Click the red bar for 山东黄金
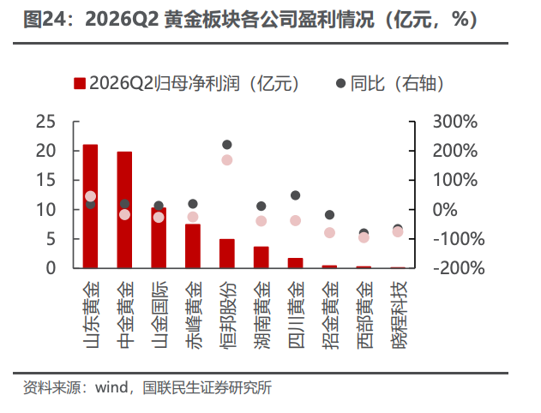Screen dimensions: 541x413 90,206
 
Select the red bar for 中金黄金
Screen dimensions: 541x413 124,210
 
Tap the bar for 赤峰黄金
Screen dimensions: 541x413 193,246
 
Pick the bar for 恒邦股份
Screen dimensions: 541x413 227,254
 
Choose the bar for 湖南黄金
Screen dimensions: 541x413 261,257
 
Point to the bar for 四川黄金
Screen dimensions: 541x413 295,263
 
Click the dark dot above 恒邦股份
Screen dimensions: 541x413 227,145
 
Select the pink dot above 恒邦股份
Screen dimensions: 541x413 227,160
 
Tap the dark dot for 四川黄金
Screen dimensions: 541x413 295,195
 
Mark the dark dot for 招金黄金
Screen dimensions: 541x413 329,215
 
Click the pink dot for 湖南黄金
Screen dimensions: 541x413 261,221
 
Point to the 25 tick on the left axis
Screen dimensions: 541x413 45,122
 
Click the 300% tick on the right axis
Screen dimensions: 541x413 455,122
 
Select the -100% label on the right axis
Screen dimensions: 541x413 459,239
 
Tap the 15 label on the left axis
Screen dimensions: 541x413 45,180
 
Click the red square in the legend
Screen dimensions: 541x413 80,83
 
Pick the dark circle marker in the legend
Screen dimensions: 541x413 341,83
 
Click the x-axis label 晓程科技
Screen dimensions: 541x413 400,315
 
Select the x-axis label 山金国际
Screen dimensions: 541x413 159,315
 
